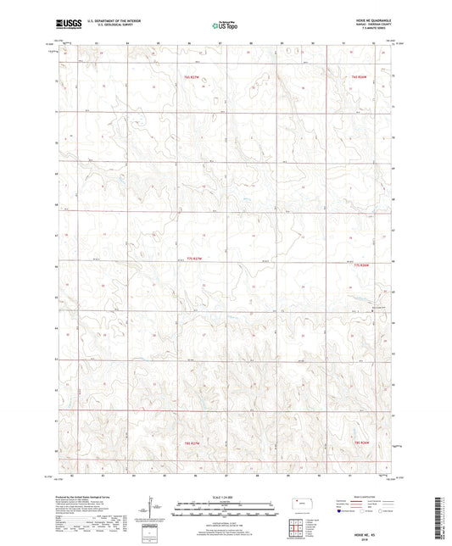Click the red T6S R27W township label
pos(191,76)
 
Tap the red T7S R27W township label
pos(195,258)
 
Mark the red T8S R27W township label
pos(192,442)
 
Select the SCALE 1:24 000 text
pos(225,497)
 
